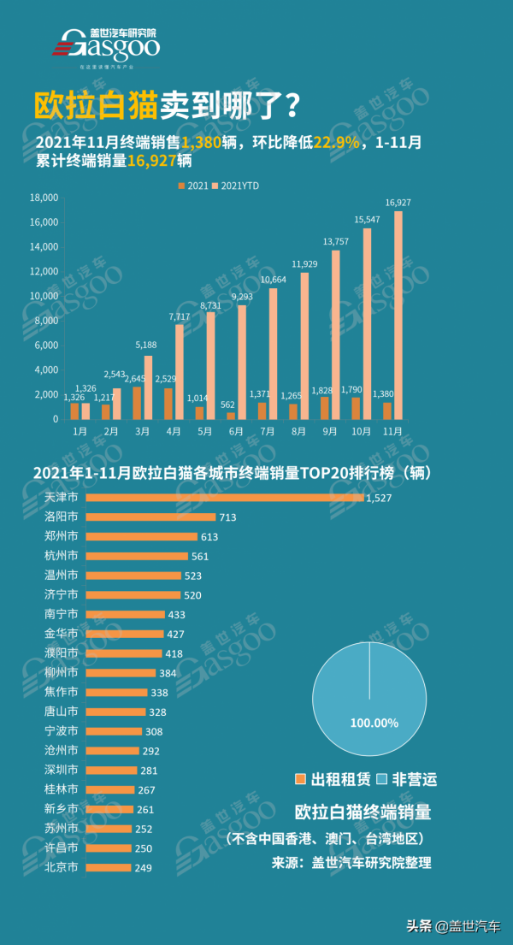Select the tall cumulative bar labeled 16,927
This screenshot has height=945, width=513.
pyautogui.click(x=398, y=315)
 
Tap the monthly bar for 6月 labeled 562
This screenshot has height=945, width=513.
pyautogui.click(x=229, y=415)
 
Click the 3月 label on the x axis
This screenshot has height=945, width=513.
pyautogui.click(x=142, y=432)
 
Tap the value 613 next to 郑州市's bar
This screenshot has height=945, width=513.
pyautogui.click(x=210, y=536)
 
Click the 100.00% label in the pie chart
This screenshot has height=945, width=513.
pyautogui.click(x=374, y=723)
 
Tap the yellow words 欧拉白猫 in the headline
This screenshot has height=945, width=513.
pyautogui.click(x=94, y=105)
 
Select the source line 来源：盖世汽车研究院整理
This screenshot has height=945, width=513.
pyautogui.click(x=351, y=863)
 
